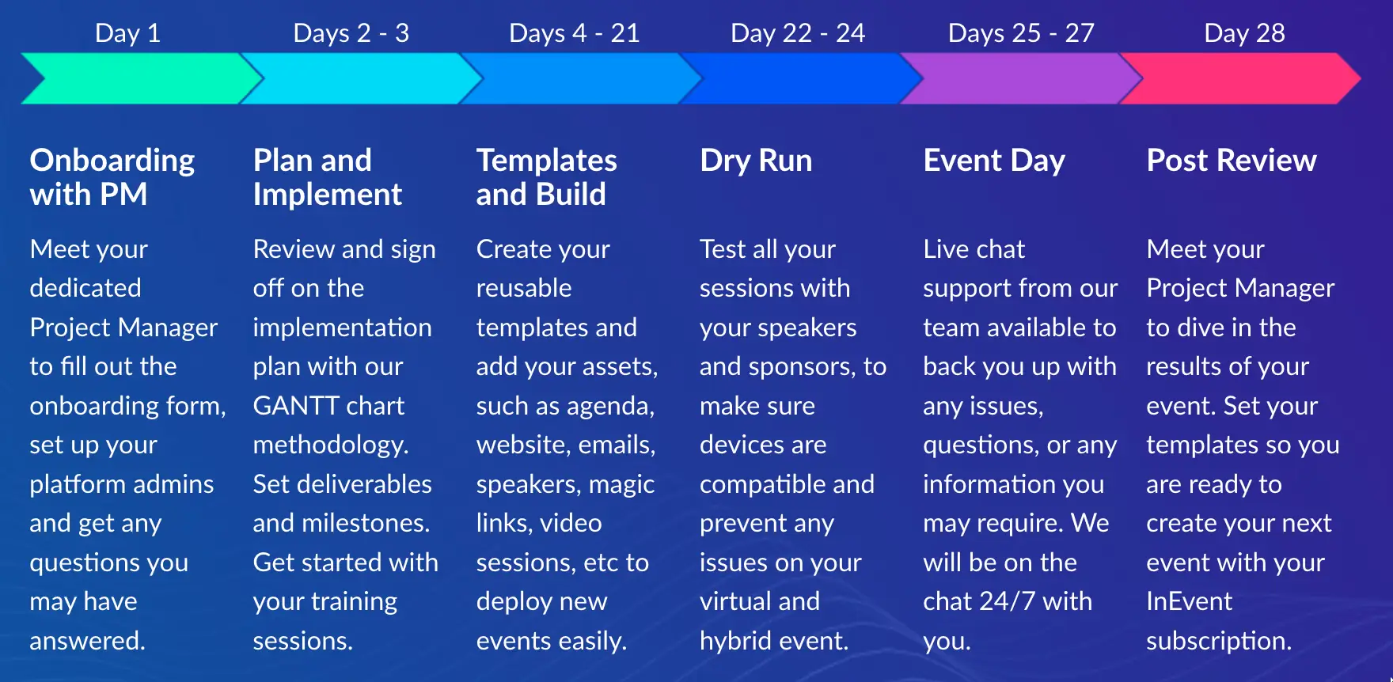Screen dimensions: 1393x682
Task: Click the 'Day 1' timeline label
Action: (127, 33)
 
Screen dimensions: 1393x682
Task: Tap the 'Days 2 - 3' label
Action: (351, 33)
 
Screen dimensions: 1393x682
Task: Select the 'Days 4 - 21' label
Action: (574, 33)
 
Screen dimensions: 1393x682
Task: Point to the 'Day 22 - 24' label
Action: (798, 33)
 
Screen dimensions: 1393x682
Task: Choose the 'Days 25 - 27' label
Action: (1021, 33)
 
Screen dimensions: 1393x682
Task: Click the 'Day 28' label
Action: (1244, 33)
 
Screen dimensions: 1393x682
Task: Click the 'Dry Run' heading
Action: (756, 161)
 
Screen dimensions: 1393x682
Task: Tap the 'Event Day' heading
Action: (994, 161)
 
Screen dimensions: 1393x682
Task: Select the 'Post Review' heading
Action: (1232, 161)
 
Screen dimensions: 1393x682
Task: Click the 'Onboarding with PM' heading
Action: (112, 177)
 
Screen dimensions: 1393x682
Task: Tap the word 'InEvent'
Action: (1190, 601)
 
